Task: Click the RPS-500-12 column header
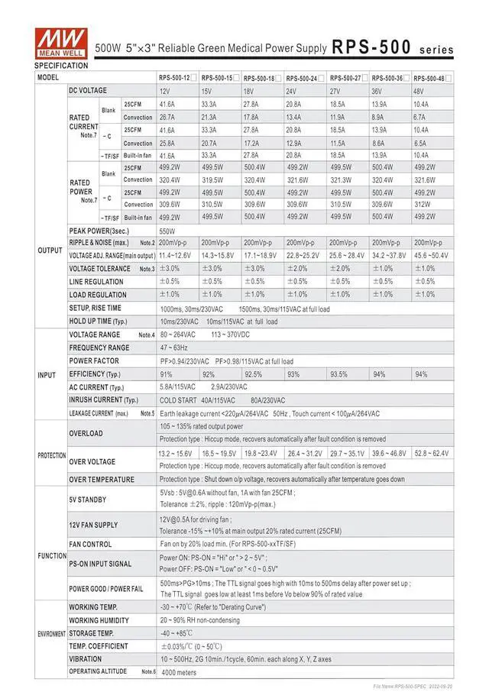174,78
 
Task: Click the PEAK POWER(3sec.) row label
98,230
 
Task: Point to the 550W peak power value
167,230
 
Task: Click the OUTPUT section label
50,250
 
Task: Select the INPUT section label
47,374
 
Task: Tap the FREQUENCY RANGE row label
99,348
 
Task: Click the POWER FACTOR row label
94,361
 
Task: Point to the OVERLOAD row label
86,433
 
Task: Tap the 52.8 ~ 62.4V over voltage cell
432,453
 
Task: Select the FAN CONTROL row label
91,544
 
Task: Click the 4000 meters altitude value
180,672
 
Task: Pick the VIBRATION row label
86,658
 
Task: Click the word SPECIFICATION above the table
61,66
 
